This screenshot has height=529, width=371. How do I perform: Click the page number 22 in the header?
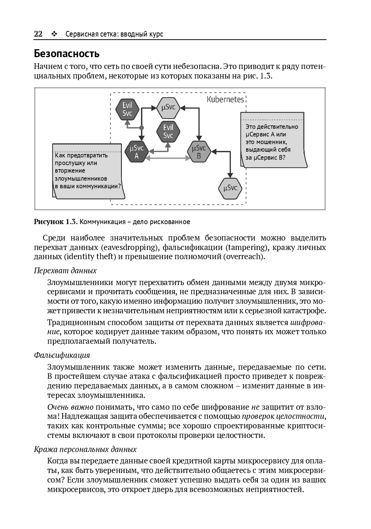pos(38,34)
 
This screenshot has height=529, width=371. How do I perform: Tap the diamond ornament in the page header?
pos(54,34)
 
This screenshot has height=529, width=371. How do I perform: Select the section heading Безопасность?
pos(67,53)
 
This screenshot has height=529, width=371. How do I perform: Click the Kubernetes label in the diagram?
pos(225,99)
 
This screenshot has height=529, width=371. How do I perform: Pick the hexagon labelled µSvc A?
pos(137,152)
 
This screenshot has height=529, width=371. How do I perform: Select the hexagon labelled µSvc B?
pos(199,152)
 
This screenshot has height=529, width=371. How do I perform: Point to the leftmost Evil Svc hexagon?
pos(127,109)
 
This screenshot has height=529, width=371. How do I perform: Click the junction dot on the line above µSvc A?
pos(141,128)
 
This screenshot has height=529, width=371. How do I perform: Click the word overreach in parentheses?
pos(243,256)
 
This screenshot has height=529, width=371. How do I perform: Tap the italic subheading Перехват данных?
pos(65,271)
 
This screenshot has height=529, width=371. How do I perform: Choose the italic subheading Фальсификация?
pos(62,355)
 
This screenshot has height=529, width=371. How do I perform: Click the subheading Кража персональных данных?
pos(85,449)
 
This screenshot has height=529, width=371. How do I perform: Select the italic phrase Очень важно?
pos(70,407)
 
